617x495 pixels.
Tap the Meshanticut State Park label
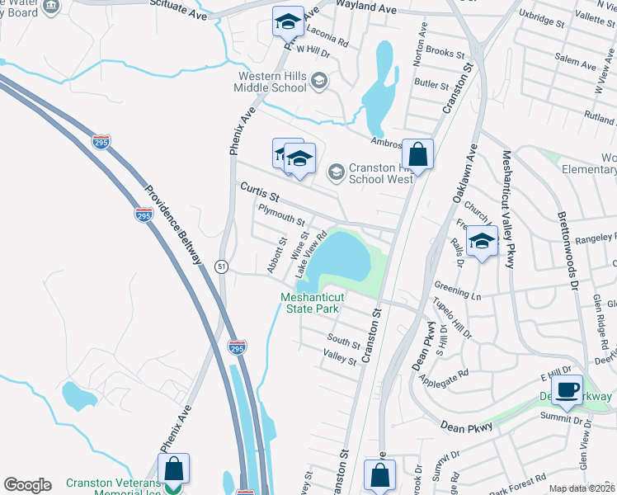(x=309, y=303)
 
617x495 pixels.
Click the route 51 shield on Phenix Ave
(x=221, y=266)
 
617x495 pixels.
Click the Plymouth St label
(x=281, y=216)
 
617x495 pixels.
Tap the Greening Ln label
(x=458, y=289)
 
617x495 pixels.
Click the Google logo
(x=27, y=485)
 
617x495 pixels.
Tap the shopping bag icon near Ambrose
(x=418, y=154)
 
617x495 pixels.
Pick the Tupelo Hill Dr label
(x=453, y=320)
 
